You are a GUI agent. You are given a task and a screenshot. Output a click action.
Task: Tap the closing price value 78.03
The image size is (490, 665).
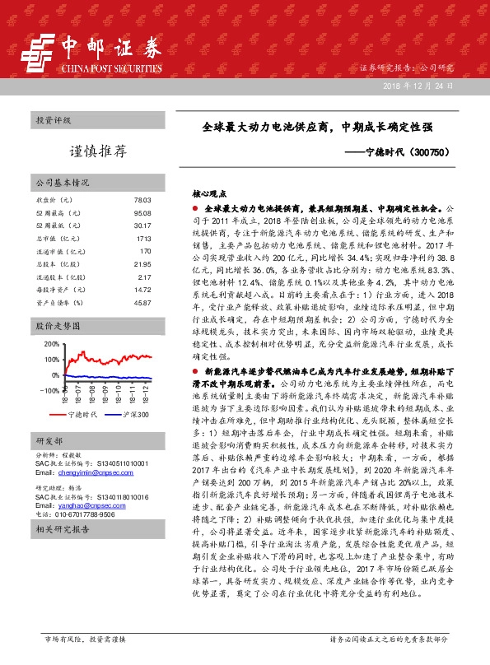tap(142, 200)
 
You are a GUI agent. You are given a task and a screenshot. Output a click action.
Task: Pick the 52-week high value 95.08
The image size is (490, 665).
tap(142, 213)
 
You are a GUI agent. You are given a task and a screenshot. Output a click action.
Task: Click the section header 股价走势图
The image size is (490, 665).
tap(54, 326)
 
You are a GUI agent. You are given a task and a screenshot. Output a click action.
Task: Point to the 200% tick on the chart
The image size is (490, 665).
tap(50, 344)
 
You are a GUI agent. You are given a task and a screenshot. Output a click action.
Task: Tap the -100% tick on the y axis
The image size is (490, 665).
tap(49, 390)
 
